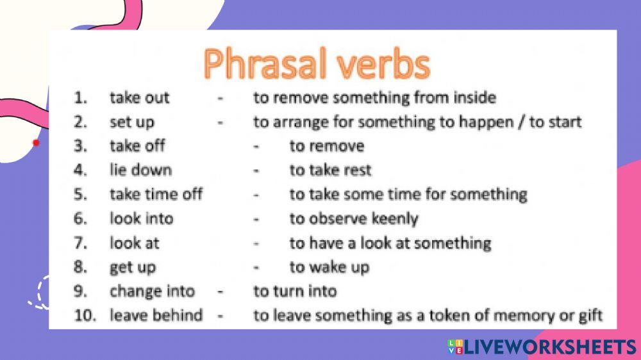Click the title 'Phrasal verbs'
[316, 64]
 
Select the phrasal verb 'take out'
[139, 98]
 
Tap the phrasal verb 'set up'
[131, 122]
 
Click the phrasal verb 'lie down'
[140, 170]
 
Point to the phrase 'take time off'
[156, 194]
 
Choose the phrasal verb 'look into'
[141, 218]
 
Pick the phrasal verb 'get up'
[133, 267]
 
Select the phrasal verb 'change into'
[152, 291]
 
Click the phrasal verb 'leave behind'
[156, 315]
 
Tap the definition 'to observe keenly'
[353, 218]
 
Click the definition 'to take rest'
[330, 170]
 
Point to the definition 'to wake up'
[329, 267]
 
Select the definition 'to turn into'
[294, 291]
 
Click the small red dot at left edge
[36, 142]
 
